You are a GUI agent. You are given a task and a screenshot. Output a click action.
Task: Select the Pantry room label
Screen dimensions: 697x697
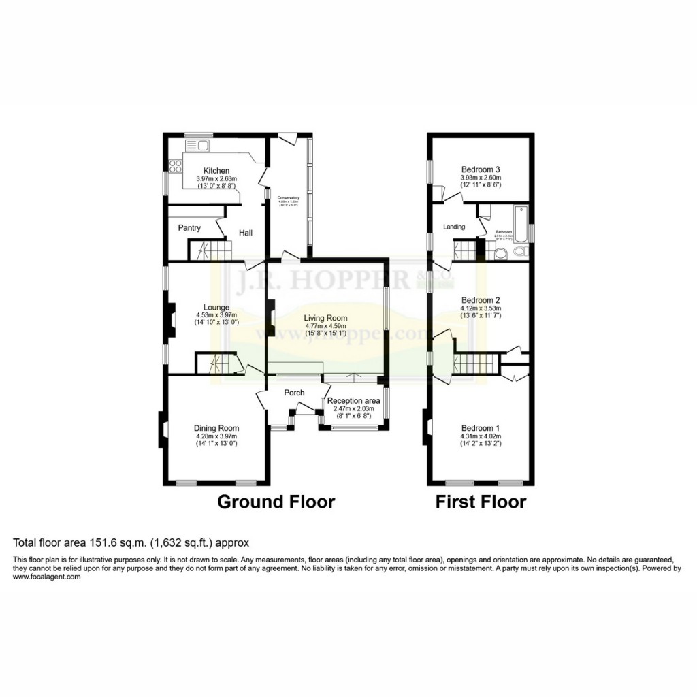(189, 228)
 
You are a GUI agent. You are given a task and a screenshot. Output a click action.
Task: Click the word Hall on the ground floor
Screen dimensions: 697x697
(246, 233)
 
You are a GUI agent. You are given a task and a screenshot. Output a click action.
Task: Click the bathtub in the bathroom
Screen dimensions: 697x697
(521, 223)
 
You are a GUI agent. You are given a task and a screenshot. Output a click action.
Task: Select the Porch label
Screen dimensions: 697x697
(294, 393)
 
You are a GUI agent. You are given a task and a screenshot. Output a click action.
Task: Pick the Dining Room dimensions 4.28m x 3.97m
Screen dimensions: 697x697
(216, 436)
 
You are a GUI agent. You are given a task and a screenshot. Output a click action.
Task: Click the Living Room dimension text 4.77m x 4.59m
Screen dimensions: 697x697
(325, 326)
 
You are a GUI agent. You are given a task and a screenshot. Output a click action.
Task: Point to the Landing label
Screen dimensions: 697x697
(454, 227)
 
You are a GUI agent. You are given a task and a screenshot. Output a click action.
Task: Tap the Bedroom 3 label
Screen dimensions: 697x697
(481, 169)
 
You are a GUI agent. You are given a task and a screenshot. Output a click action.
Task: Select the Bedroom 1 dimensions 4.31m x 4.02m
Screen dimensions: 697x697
(480, 436)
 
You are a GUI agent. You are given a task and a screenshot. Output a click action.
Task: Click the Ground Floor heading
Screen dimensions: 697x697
(276, 502)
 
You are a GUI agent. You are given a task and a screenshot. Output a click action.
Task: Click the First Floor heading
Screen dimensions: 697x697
(481, 502)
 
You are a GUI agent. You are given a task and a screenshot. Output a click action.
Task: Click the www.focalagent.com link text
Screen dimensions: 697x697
(47, 577)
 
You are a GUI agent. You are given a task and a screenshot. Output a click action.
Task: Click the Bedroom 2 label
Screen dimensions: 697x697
(481, 300)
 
